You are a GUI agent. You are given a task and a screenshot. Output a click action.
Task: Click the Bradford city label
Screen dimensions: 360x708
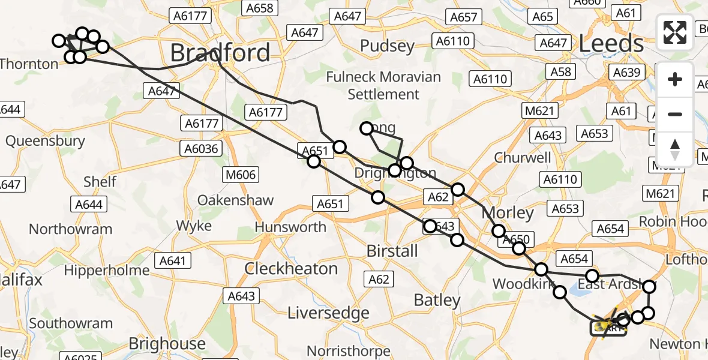coord(220,53)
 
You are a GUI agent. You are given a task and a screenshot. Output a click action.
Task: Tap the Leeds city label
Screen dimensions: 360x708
coord(611,44)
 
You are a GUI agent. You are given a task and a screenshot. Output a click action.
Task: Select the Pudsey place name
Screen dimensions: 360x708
coord(388,46)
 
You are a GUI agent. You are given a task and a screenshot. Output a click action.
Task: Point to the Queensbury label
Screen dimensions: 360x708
coord(45,141)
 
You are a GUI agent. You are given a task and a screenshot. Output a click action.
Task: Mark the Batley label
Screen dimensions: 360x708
coord(437,301)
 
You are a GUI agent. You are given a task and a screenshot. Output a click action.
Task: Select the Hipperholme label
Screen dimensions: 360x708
coord(106,270)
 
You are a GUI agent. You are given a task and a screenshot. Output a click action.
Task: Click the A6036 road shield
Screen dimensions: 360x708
coord(203,149)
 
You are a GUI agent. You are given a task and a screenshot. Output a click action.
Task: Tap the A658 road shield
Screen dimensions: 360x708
coord(259,8)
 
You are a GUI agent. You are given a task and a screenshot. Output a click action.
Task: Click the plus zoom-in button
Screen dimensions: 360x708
coord(675,79)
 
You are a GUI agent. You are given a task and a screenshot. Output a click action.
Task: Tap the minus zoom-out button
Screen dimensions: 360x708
coord(675,114)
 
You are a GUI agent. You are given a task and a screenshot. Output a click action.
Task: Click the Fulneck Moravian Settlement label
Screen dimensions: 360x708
coord(383,86)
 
